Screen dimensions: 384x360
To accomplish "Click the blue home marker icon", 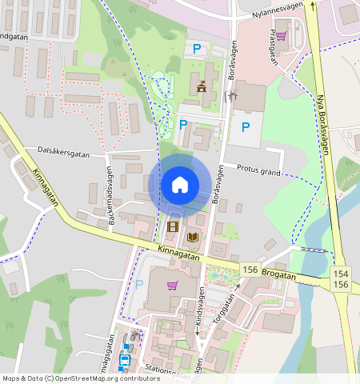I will click(180, 185).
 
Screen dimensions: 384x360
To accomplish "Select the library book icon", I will click(193, 237).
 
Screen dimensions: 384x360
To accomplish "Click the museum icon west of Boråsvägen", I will click(202, 86).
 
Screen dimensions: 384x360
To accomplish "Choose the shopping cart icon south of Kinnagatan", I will click(171, 285).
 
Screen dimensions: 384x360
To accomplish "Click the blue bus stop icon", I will click(124, 361).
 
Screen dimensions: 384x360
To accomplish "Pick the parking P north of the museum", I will click(197, 50).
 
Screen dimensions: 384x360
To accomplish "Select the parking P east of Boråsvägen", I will click(246, 126).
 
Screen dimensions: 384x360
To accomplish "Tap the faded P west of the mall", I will click(139, 284).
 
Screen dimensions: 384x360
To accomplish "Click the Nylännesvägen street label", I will click(278, 12).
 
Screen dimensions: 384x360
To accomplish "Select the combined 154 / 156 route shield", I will click(341, 279).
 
